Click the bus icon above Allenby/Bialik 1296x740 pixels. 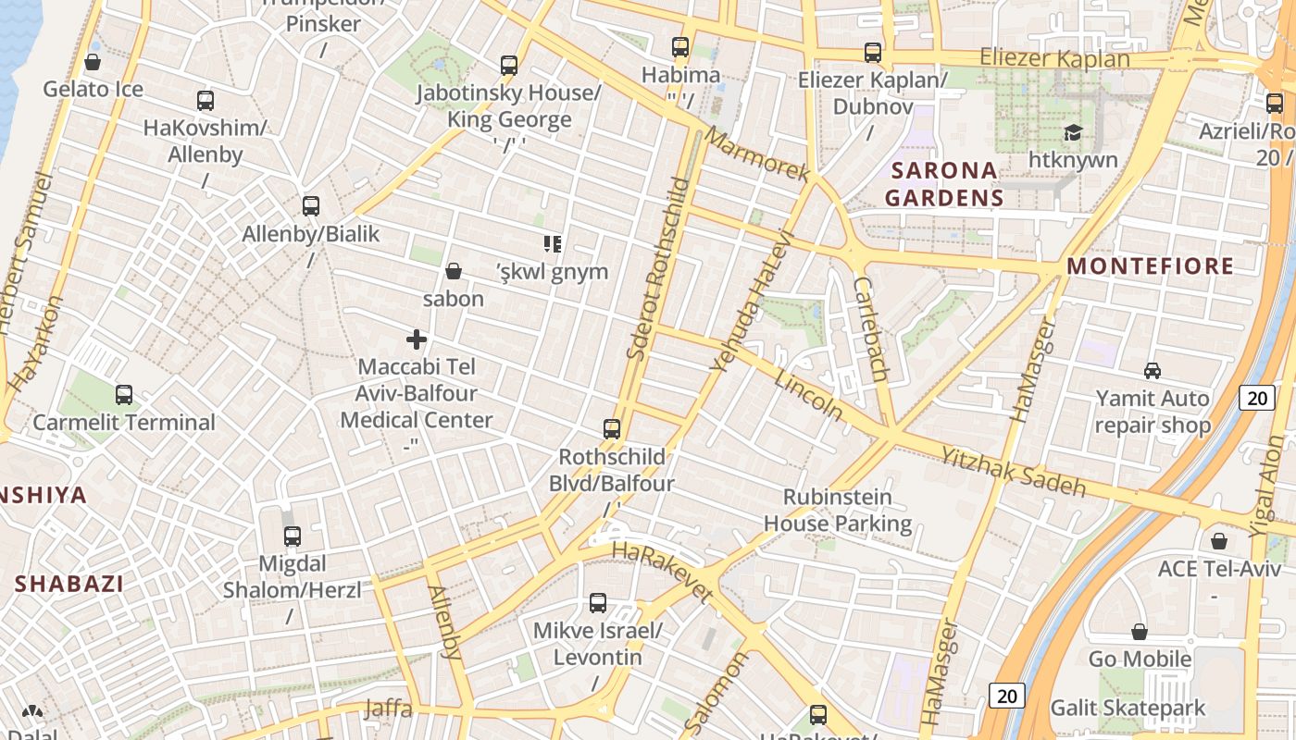point(311,206)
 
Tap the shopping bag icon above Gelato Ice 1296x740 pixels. point(93,62)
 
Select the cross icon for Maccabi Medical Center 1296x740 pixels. point(417,339)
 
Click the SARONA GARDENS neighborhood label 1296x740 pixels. point(943,183)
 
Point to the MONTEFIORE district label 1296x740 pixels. point(1150,266)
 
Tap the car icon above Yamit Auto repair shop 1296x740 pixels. point(1153,371)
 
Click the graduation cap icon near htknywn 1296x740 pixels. point(1073,133)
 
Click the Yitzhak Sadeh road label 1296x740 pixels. point(1013,471)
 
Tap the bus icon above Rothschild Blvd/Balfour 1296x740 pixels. point(612,429)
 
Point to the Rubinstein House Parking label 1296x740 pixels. point(838,510)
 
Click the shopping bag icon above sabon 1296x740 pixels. point(454,271)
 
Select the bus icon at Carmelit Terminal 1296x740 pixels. point(124,395)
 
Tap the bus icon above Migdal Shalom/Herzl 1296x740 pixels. point(293,536)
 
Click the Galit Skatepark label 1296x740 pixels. point(1127,709)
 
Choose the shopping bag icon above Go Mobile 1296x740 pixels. point(1140,632)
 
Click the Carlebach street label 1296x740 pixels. point(871,329)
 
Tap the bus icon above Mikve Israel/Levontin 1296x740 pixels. point(598,603)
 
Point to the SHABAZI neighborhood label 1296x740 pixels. point(69,584)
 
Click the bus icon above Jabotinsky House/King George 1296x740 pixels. point(509,66)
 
